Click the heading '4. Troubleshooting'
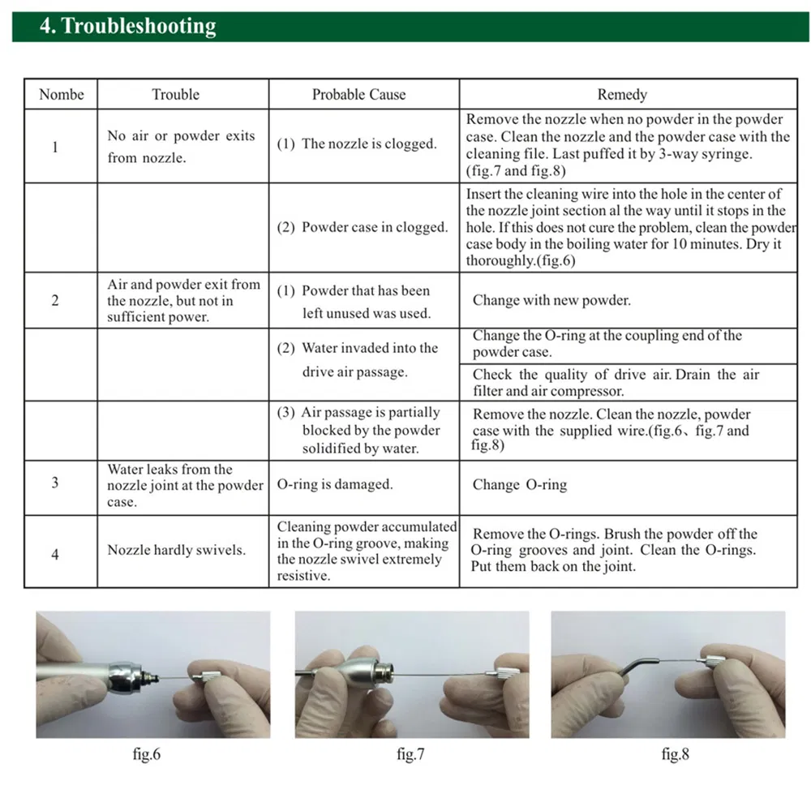pos(127,26)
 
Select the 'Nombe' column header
pos(61,94)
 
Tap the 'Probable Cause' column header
pos(358,94)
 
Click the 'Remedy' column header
pos(622,94)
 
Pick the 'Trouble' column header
pos(175,94)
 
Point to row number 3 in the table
pos(55,483)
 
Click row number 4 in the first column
pos(55,556)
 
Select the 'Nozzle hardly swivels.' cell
pos(176,550)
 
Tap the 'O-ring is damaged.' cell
pos(335,484)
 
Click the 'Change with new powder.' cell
pos(551,300)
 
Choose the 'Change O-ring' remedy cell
pos(520,485)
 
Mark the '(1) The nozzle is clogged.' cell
pos(357,144)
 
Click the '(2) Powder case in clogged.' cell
pos(363,227)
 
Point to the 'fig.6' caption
pos(146,754)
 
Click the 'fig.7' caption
pos(410,754)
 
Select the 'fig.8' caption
pos(675,754)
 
